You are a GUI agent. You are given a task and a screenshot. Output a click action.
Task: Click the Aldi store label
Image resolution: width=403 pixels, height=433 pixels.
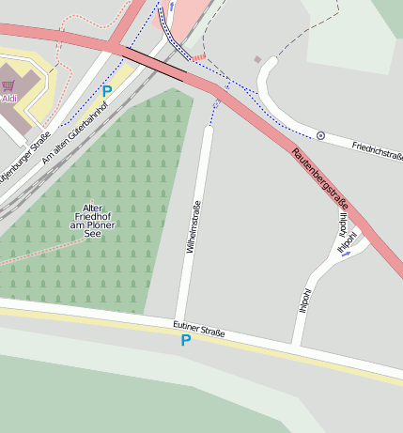point(9,98)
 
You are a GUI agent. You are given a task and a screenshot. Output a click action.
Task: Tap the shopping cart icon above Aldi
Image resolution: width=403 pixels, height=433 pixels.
point(8,85)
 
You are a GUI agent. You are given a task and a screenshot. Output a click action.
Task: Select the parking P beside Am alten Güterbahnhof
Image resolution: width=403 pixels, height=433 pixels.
point(106,92)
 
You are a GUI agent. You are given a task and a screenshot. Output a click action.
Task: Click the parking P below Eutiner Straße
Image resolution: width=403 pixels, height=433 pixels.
point(185,340)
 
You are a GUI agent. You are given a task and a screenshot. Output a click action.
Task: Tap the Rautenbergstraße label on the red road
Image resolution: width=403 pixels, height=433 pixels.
point(319,179)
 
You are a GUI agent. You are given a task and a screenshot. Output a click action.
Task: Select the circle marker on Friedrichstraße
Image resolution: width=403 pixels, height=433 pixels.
point(320,136)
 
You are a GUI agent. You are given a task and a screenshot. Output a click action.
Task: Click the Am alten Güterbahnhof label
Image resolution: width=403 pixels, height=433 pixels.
point(75,132)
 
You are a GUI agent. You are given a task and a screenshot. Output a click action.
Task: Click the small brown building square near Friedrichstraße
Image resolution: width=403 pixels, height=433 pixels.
point(257,60)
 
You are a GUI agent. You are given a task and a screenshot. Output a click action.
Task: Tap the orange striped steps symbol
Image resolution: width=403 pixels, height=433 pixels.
point(198,57)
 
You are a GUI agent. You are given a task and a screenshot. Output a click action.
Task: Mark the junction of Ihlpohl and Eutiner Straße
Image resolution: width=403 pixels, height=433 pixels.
point(296,344)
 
